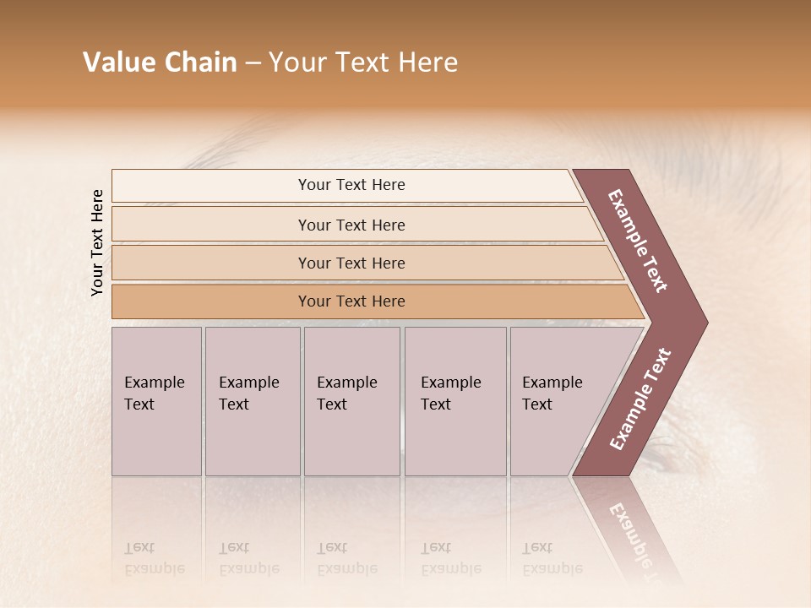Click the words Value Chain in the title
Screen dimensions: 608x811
160,62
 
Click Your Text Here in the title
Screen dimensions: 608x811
363,62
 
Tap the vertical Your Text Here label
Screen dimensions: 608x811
97,242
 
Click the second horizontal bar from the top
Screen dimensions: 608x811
351,225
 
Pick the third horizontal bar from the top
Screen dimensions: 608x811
351,263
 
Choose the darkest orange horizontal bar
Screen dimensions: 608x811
351,301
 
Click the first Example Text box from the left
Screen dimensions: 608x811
156,401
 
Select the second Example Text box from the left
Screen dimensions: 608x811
253,401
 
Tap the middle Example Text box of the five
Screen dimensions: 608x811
351,401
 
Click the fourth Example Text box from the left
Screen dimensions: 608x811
455,401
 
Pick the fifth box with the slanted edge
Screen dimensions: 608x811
558,401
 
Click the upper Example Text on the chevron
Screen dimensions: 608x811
639,241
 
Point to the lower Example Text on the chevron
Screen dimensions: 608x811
640,399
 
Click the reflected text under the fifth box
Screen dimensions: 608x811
552,558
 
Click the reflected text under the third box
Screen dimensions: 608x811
346,558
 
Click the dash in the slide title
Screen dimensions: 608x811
253,63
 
